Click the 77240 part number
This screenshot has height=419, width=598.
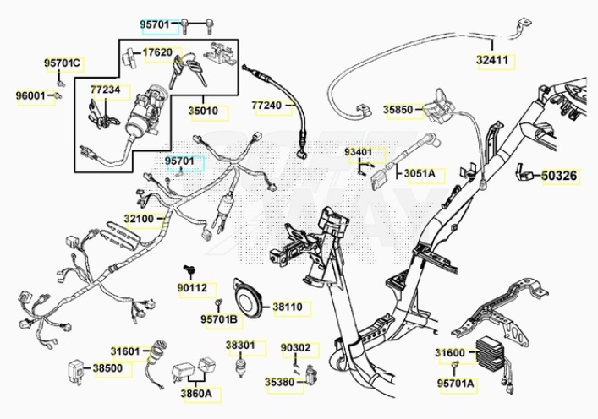click(x=268, y=106)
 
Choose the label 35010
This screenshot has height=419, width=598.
click(x=203, y=111)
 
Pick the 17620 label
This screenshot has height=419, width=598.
click(x=157, y=52)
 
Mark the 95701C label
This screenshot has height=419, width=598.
click(x=63, y=63)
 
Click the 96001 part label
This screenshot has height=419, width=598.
click(x=30, y=95)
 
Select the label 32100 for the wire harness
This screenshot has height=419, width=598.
click(x=140, y=218)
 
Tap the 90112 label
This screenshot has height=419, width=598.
click(x=191, y=289)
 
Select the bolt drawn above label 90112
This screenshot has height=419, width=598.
click(x=190, y=270)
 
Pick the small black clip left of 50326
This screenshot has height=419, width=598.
click(x=525, y=175)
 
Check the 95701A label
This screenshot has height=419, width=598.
click(x=457, y=384)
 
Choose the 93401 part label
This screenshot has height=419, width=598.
click(x=359, y=152)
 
